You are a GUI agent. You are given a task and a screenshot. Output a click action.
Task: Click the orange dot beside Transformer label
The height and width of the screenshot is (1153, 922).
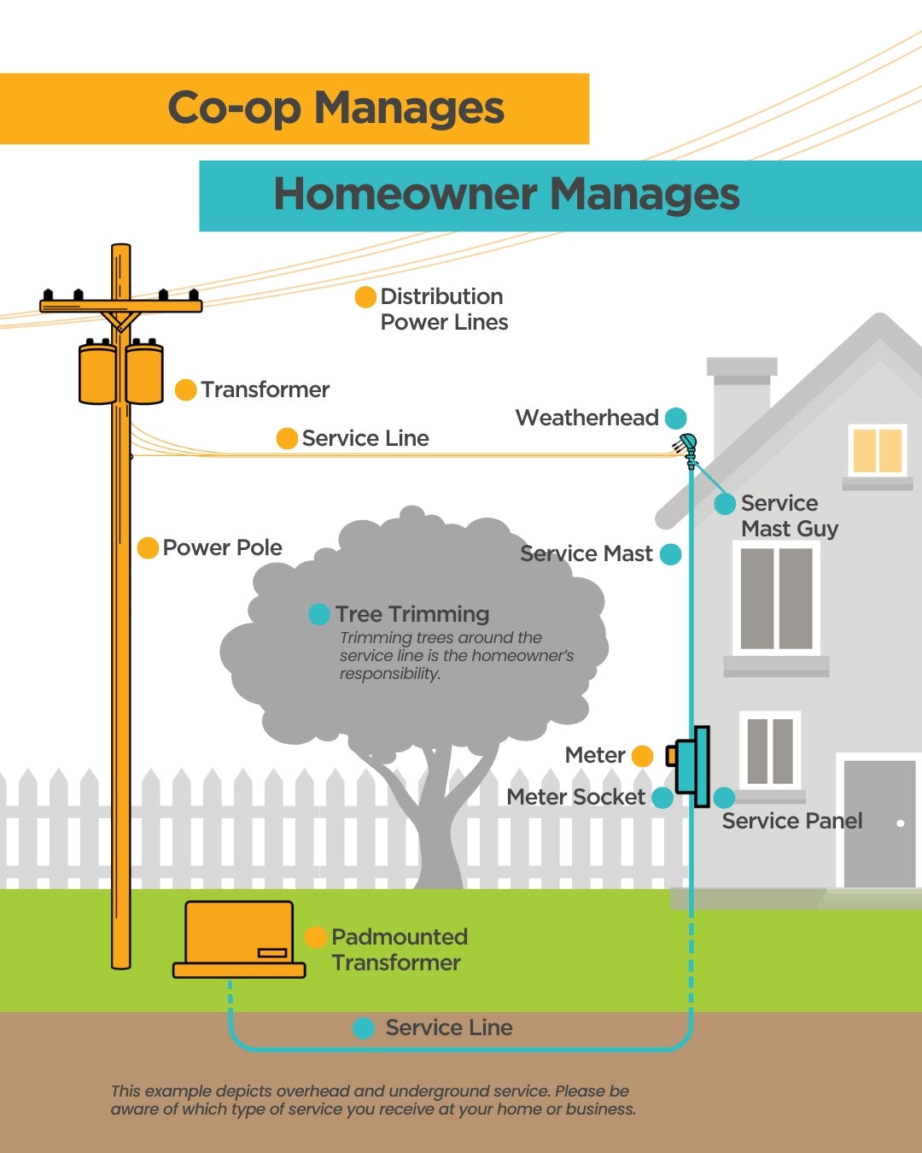coord(185,389)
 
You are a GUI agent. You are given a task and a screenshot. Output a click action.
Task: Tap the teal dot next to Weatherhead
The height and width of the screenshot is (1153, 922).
coord(675,418)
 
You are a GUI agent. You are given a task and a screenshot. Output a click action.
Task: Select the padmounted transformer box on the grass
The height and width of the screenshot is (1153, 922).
coord(239,938)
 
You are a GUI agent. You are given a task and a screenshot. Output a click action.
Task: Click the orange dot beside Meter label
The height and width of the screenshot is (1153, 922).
coord(642,756)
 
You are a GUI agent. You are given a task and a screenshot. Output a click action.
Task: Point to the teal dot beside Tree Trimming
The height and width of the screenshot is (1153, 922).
coord(319,614)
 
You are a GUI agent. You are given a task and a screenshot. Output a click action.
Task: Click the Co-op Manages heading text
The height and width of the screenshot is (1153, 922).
coord(336,108)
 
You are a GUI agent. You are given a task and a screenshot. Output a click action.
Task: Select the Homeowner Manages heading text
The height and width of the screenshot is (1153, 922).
coord(506,195)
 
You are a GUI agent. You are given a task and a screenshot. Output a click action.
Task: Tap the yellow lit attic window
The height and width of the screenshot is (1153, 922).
coord(877,450)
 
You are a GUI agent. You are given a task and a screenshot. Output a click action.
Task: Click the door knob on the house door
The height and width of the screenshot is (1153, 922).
coord(900,823)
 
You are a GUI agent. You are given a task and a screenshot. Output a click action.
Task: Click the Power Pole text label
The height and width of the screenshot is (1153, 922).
coord(222,547)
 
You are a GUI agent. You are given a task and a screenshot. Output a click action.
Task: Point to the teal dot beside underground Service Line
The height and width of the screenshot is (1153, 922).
coord(364,1028)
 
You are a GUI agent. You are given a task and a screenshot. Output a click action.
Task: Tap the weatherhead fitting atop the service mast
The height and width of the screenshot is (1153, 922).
coord(686,443)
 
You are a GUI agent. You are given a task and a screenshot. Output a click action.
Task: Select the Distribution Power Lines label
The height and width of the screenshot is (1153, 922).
coord(443,309)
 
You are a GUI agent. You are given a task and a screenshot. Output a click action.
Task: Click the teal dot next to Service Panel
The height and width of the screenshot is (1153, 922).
coord(724,798)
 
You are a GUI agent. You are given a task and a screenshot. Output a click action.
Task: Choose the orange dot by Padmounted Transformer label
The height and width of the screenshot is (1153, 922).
coord(316,937)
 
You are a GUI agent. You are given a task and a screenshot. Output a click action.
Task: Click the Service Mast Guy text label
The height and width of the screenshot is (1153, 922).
coord(789,516)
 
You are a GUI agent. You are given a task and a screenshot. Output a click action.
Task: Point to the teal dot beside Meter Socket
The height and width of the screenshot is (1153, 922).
coord(662,798)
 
